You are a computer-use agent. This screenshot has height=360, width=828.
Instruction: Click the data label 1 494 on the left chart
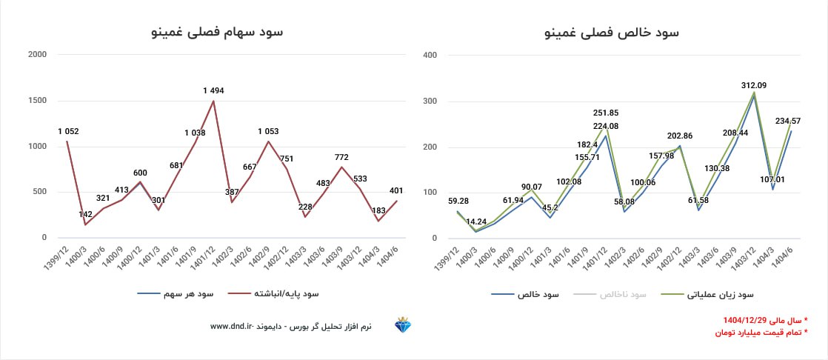click(x=213, y=90)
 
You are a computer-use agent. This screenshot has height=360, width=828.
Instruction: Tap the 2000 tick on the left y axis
click(x=37, y=55)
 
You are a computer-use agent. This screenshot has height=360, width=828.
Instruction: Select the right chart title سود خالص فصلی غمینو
click(x=612, y=32)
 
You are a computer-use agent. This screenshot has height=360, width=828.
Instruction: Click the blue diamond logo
click(x=404, y=326)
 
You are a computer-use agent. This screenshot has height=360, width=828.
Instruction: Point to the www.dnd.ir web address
click(x=232, y=326)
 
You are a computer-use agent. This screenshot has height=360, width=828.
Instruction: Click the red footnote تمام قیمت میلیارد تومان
click(x=761, y=333)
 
